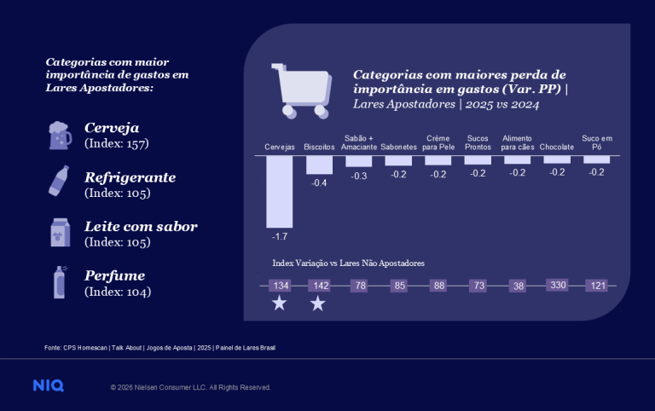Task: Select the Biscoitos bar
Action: click(x=319, y=165)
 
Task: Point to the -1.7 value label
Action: click(x=280, y=234)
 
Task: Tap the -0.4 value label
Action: click(x=320, y=183)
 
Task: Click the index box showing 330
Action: click(x=557, y=285)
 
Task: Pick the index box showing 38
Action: click(x=518, y=285)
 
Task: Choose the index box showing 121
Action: click(x=596, y=285)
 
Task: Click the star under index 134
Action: click(x=279, y=304)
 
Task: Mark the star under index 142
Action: click(x=318, y=304)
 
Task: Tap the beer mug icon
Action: click(x=60, y=135)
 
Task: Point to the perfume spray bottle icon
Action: click(x=60, y=282)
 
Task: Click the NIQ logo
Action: click(x=48, y=386)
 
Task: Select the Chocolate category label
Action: click(x=556, y=148)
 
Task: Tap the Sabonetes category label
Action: click(x=398, y=148)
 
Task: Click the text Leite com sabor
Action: click(x=141, y=227)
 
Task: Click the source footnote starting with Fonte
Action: click(x=159, y=348)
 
